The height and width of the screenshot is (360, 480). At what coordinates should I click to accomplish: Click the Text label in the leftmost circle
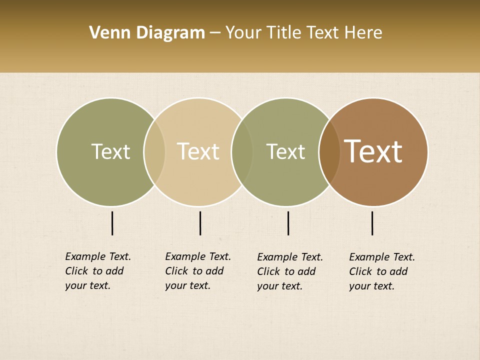110,151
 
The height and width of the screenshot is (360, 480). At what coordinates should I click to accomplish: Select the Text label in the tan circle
198,151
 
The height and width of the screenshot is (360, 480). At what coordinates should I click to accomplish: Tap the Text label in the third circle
285,151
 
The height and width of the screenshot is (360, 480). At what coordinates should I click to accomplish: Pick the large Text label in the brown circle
373,151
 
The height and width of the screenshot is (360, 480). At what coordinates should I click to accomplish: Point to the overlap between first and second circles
154,152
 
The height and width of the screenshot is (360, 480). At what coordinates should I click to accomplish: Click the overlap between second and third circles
242,152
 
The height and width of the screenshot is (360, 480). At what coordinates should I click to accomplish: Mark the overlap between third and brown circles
329,152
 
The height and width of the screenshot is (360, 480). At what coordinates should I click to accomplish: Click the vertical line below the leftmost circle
112,223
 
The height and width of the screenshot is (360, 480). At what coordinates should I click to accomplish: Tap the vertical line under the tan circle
200,223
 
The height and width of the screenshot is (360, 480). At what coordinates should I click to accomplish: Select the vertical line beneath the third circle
288,223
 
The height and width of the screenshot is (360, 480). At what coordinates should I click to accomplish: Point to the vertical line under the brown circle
372,223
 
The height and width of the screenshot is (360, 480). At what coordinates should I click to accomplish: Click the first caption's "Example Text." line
98,256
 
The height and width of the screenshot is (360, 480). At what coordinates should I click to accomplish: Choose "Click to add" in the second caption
194,271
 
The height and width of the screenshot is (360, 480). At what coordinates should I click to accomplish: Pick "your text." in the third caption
279,286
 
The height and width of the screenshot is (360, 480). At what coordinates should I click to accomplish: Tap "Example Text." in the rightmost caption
382,257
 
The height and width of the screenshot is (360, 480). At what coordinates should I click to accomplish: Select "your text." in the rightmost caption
371,286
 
